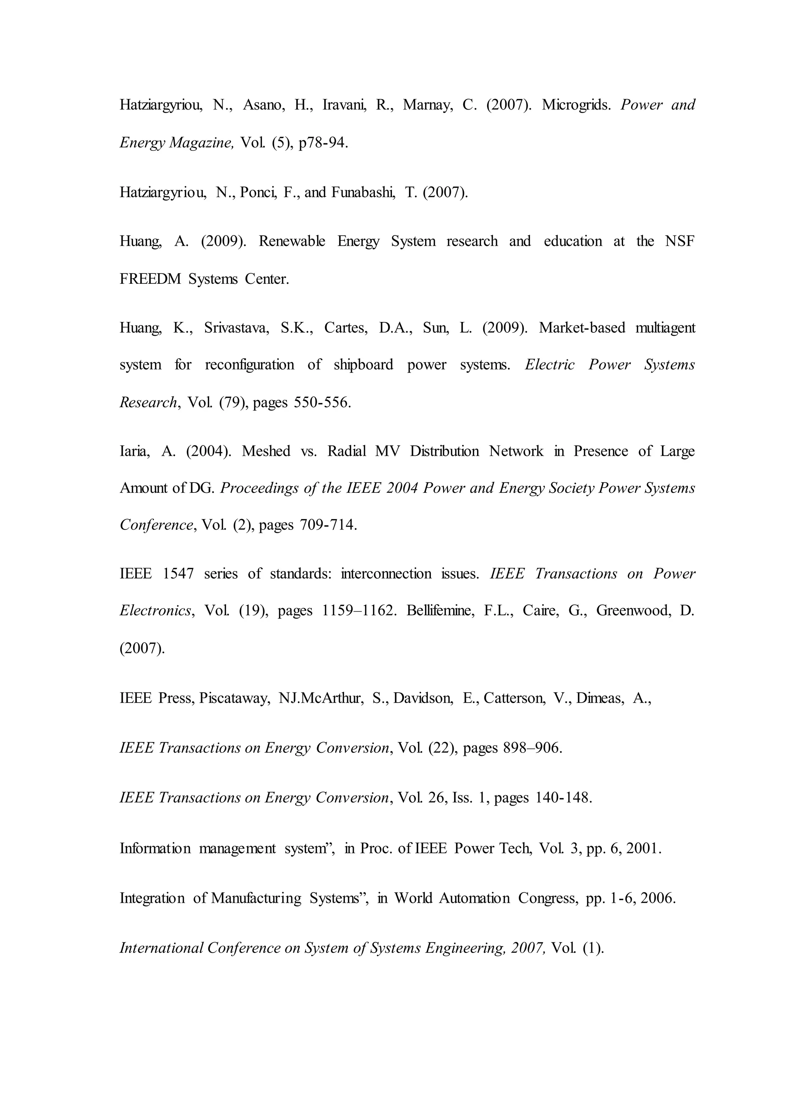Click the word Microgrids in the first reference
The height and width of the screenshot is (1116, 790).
point(576,105)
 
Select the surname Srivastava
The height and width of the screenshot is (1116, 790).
point(236,328)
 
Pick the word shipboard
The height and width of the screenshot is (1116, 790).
point(363,365)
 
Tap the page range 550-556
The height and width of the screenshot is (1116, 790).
point(322,403)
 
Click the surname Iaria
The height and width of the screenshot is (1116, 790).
point(135,451)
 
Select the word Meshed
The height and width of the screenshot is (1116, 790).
point(266,451)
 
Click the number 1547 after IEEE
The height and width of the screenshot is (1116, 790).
point(178,574)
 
